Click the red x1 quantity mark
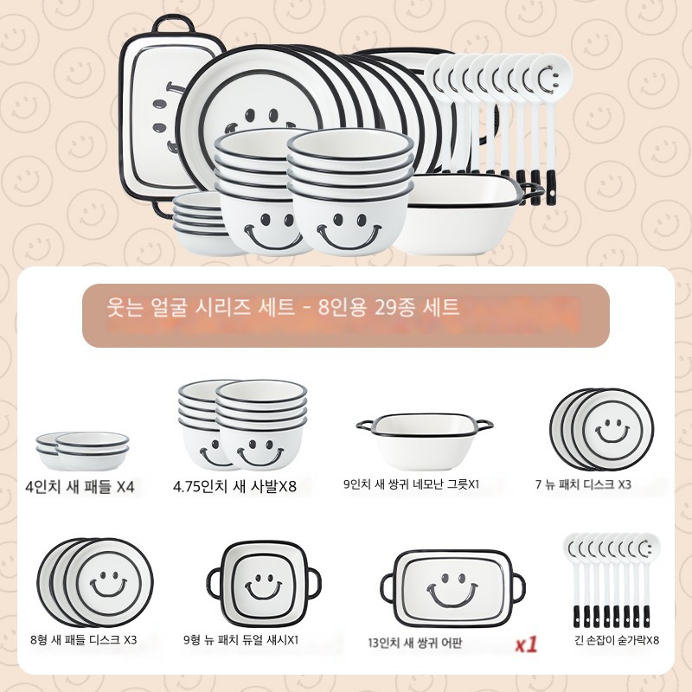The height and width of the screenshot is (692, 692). [x=527, y=644]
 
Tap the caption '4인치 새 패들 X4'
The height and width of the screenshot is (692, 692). [x=80, y=487]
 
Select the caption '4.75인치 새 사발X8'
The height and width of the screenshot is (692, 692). [x=234, y=486]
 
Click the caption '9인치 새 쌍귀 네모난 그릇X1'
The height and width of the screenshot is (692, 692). [x=412, y=484]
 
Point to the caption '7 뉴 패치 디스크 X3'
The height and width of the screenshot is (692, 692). [x=583, y=484]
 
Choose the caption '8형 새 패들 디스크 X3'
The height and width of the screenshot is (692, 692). [x=84, y=639]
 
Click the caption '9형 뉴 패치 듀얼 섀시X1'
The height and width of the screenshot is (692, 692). [x=241, y=639]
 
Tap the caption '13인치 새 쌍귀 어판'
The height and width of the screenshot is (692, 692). [x=415, y=643]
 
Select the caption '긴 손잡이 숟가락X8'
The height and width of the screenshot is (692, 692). [x=617, y=639]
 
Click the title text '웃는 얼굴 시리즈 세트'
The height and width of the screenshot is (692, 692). [x=201, y=307]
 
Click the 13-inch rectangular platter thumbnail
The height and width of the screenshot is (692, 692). [x=452, y=588]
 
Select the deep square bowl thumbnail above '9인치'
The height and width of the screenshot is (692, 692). [x=424, y=441]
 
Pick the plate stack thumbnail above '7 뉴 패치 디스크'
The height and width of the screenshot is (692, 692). [x=601, y=429]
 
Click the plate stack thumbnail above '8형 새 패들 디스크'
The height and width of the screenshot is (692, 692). [x=95, y=582]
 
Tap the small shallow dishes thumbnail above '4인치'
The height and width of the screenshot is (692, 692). [x=82, y=451]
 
